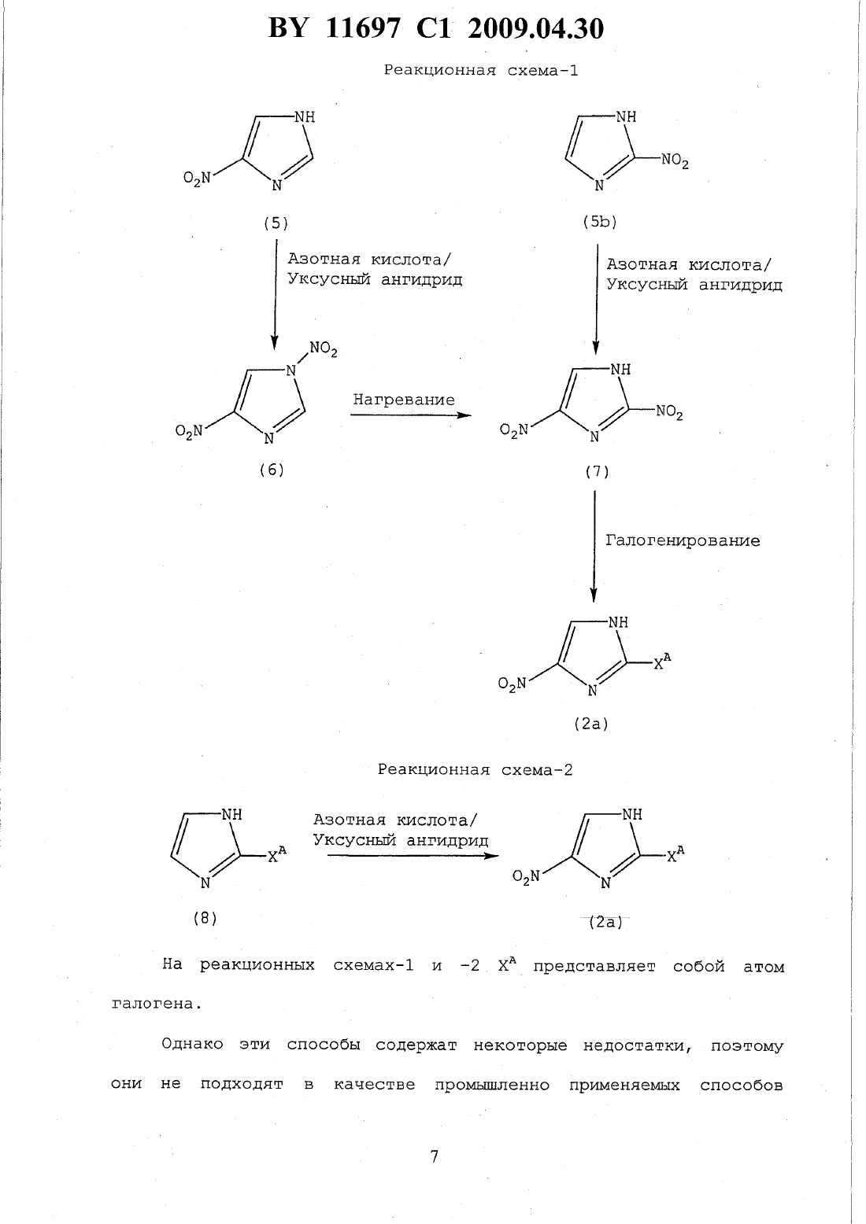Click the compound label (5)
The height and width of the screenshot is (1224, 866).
click(x=276, y=223)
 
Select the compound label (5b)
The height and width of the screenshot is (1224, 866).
click(x=600, y=222)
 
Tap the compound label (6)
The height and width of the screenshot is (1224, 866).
click(x=272, y=470)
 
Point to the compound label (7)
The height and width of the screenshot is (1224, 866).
click(x=597, y=471)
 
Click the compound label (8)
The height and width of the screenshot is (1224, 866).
click(x=205, y=918)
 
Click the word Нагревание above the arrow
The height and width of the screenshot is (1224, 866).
click(x=403, y=400)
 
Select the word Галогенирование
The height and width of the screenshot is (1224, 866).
click(x=683, y=540)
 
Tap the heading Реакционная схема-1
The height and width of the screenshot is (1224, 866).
click(x=480, y=71)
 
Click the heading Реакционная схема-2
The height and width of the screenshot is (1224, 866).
click(x=475, y=770)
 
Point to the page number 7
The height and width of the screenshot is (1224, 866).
click(x=434, y=1156)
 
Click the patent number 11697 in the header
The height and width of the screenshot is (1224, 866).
click(x=362, y=28)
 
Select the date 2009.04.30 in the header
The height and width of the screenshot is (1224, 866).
click(x=536, y=28)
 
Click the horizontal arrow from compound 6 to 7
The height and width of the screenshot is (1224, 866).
click(x=411, y=415)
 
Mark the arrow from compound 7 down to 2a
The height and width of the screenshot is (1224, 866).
click(x=594, y=547)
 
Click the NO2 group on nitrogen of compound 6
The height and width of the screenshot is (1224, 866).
click(x=323, y=349)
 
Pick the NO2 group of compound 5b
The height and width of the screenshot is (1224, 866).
click(x=675, y=161)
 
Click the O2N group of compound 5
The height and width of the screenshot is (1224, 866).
click(x=197, y=178)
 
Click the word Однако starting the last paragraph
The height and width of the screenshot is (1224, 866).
click(x=192, y=1044)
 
